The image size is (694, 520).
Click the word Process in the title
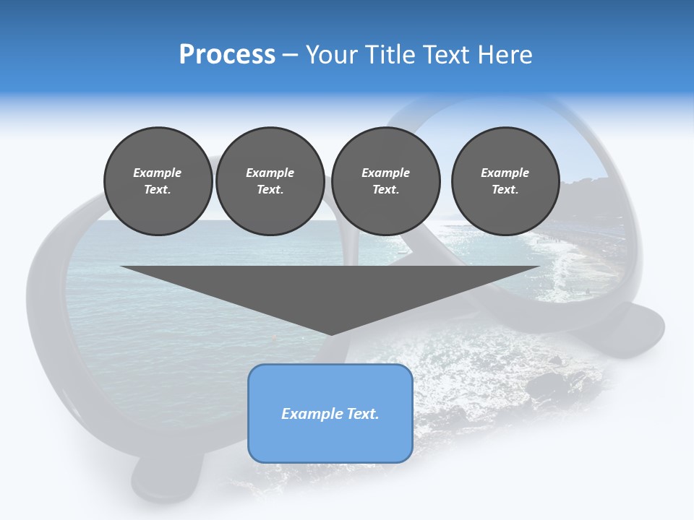pyautogui.click(x=227, y=55)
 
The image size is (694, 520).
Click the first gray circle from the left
pyautogui.click(x=158, y=181)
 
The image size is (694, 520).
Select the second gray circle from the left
pyautogui.click(x=270, y=181)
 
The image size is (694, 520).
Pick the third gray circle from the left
pyautogui.click(x=385, y=181)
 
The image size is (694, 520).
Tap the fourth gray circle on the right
pyautogui.click(x=505, y=181)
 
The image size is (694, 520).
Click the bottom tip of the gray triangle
pyautogui.click(x=330, y=333)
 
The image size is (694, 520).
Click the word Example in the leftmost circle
pyautogui.click(x=158, y=173)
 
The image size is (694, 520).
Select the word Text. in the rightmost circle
pyautogui.click(x=505, y=189)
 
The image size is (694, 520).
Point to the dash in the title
pyautogui.click(x=291, y=56)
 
